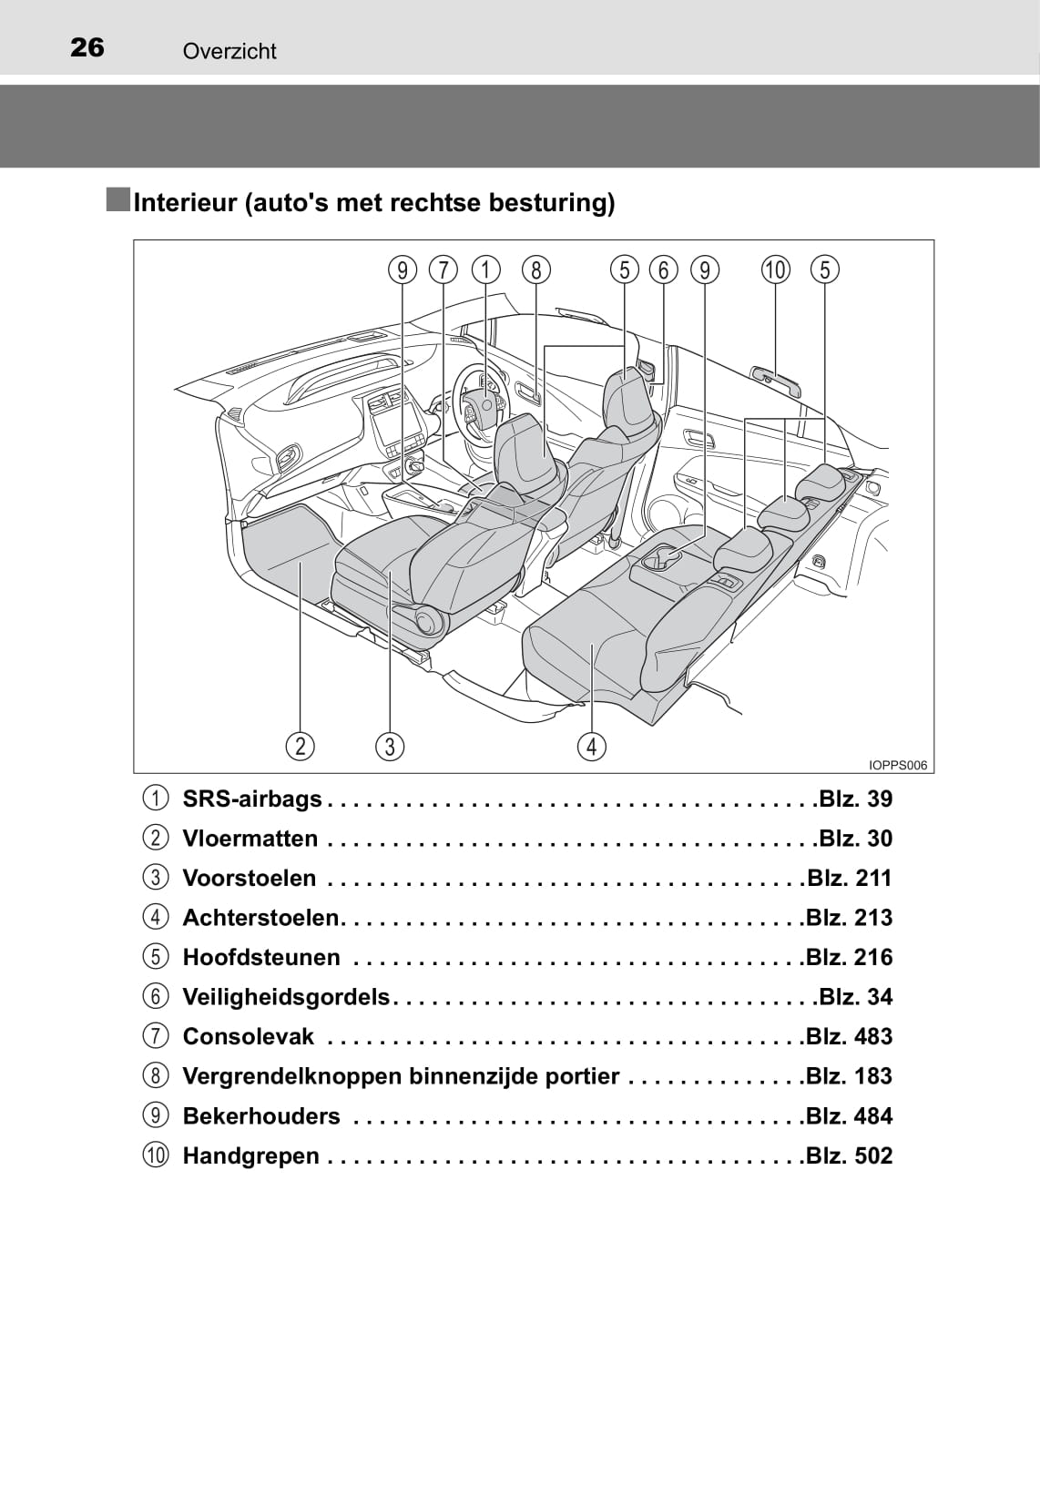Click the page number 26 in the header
[87, 47]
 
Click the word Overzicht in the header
[229, 52]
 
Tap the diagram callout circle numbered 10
[775, 270]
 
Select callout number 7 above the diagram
[444, 270]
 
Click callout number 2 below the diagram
[300, 747]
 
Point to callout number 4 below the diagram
[592, 747]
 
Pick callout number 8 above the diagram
[535, 270]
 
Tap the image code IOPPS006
[898, 765]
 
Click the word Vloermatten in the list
[250, 839]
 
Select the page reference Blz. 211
[849, 878]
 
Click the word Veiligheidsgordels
[286, 996]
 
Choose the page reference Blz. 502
[849, 1155]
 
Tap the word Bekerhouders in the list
[261, 1116]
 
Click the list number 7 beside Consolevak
[156, 1036]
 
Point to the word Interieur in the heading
[186, 202]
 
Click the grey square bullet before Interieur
[118, 199]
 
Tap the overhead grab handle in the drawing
[776, 381]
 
